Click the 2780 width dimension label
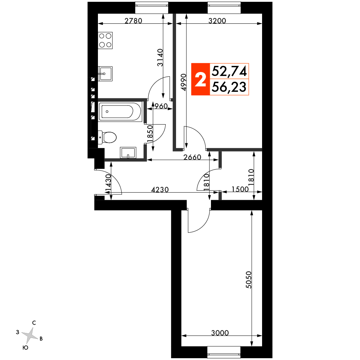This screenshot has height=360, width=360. pos(134,21)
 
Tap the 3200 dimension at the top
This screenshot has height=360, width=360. pos(217,21)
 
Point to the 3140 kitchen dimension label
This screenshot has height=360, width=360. pos(160,58)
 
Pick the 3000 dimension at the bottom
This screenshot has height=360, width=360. pos(220,333)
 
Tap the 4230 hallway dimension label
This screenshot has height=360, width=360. pos(159,189)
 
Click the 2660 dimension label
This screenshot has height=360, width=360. pos(193,157)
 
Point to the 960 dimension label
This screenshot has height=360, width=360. pos(161,106)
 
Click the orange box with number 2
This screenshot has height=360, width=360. pos(200,80)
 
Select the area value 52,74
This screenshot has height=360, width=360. pos(229,72)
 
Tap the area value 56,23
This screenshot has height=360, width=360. pos(229,87)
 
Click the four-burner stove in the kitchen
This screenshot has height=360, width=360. pos(105,40)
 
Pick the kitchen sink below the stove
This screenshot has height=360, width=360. pos(105,74)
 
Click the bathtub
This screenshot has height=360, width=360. pos(121,112)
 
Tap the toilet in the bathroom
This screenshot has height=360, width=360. pos(108,138)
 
